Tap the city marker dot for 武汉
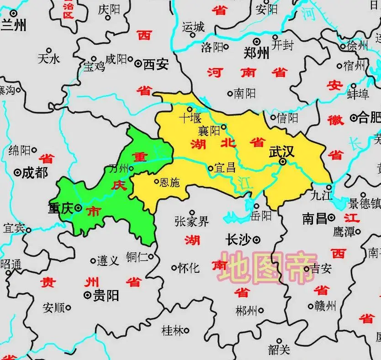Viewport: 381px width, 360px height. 283,162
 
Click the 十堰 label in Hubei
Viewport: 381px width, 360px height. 190,118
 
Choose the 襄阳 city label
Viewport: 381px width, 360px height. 209,131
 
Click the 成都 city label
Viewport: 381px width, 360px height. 35,173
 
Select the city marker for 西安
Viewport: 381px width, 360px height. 138,64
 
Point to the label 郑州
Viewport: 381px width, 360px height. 256,53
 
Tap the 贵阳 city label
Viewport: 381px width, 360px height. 106,296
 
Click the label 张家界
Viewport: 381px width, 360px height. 191,222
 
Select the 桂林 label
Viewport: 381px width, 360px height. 173,330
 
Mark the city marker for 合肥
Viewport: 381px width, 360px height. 354,118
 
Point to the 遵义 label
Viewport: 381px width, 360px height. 108,261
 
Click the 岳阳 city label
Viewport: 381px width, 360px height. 261,215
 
